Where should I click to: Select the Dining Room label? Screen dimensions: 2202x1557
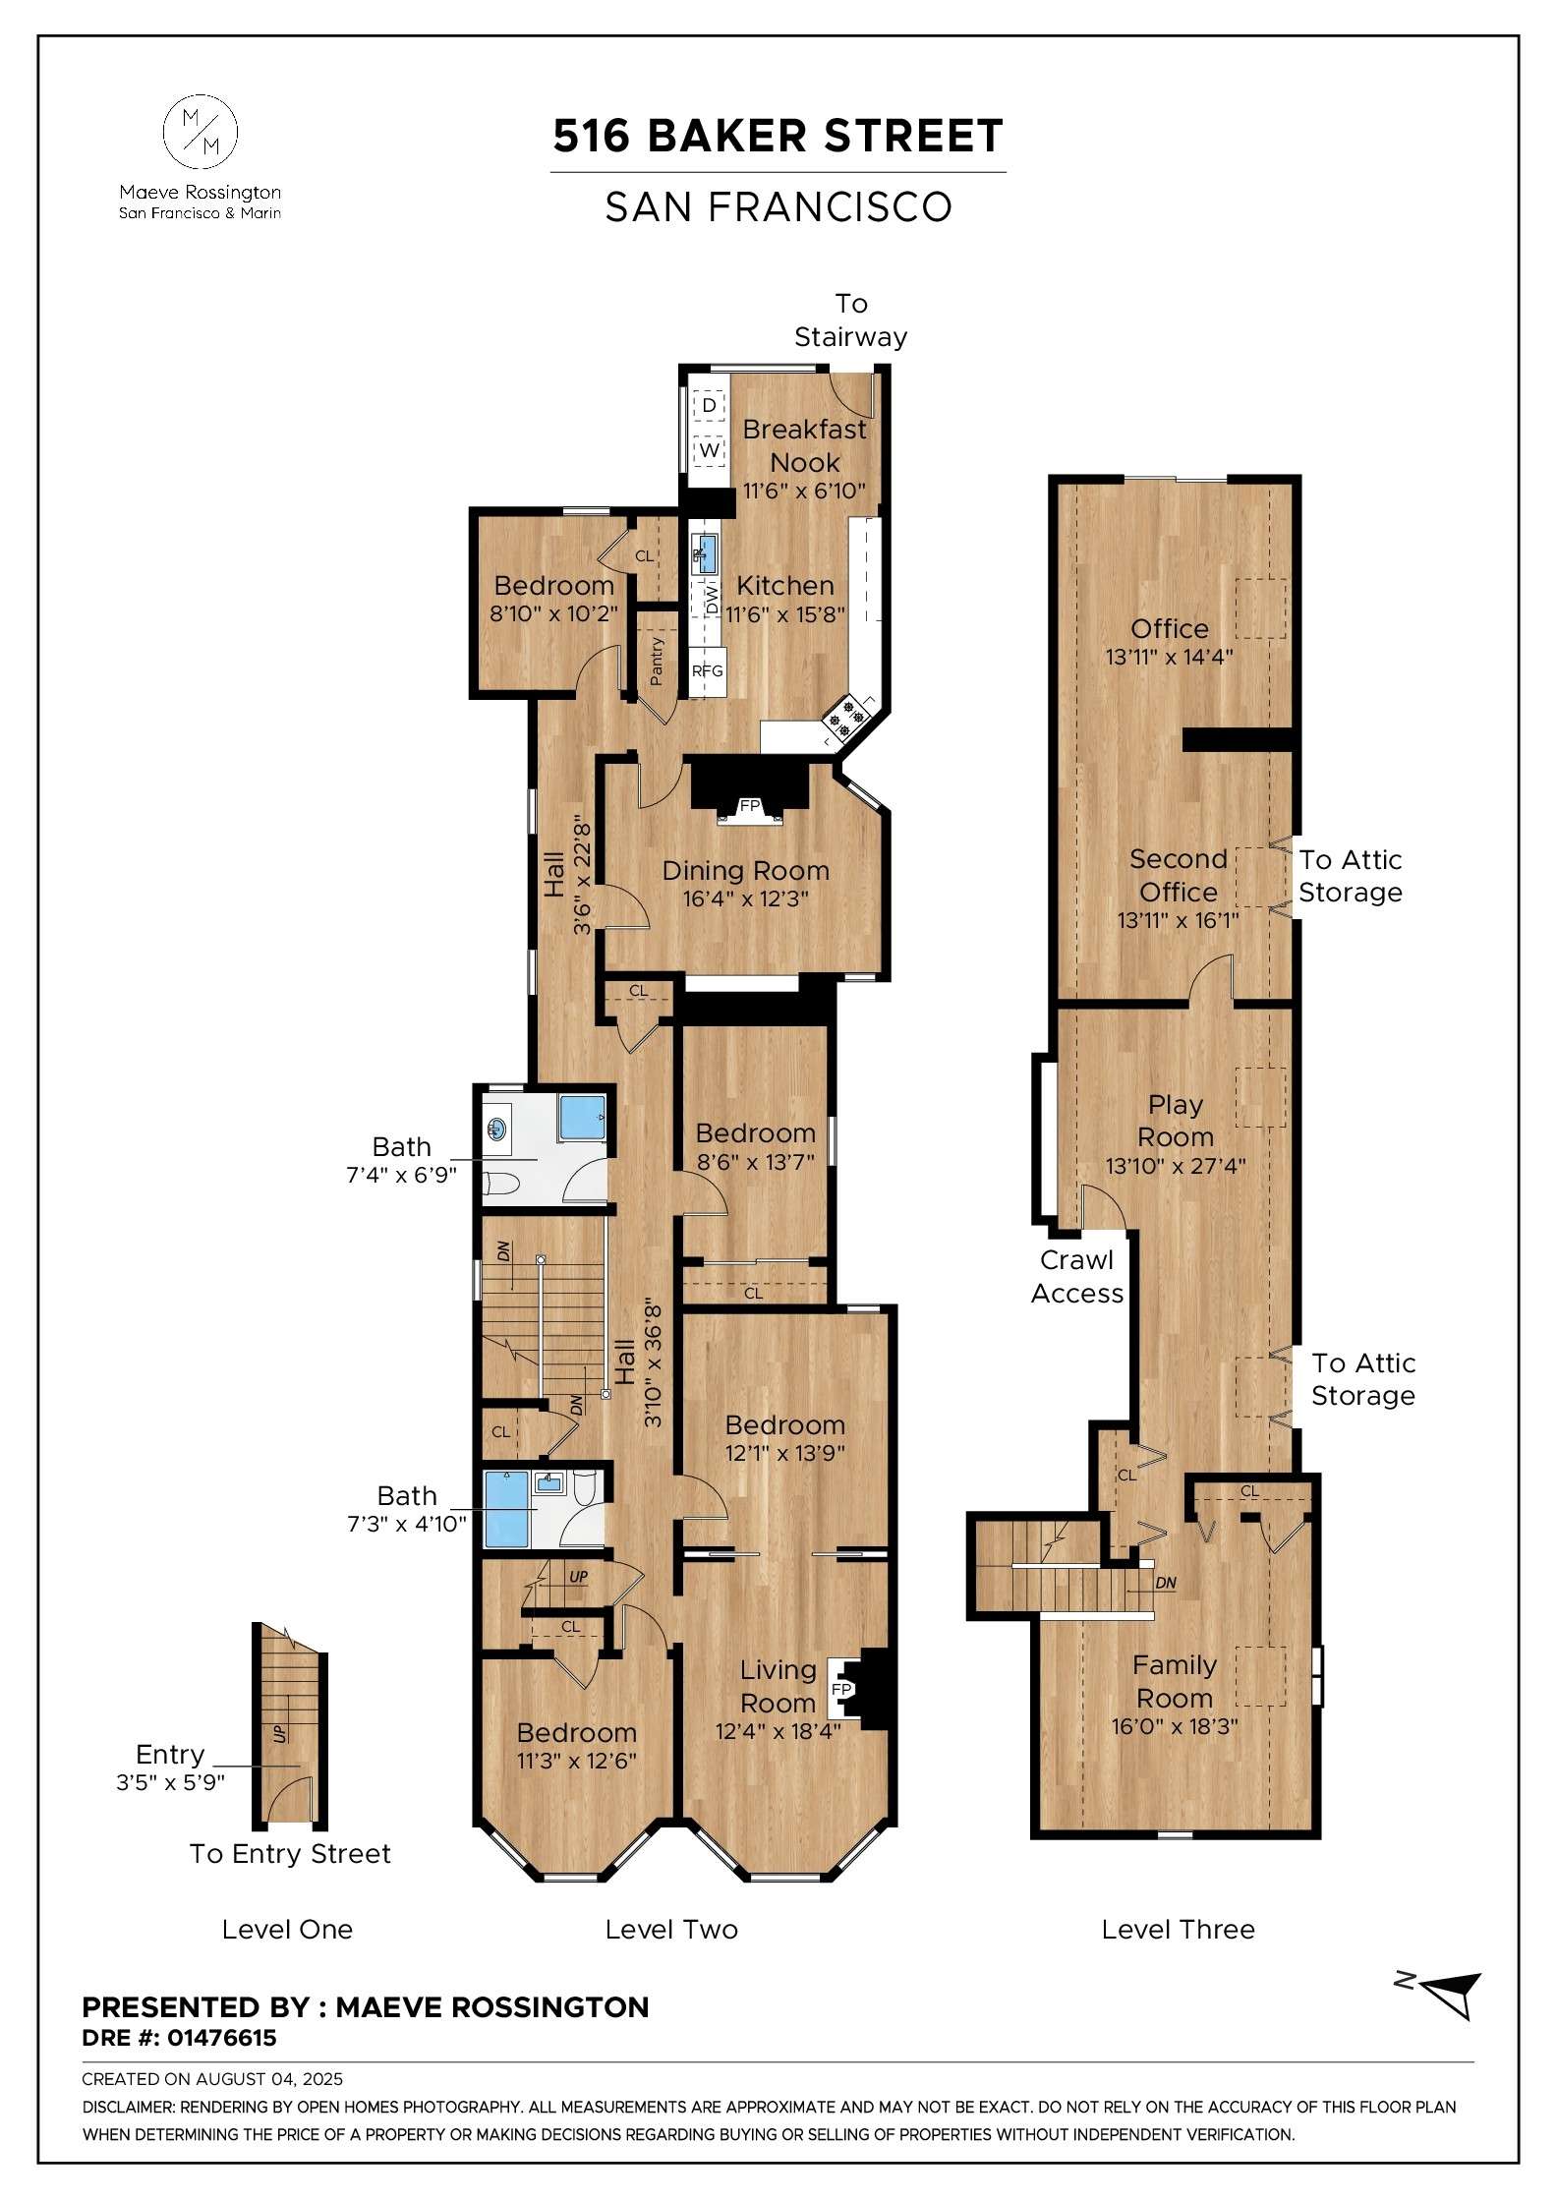click(x=745, y=870)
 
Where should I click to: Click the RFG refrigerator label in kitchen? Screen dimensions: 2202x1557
click(x=707, y=671)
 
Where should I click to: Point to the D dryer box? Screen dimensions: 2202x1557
click(x=710, y=404)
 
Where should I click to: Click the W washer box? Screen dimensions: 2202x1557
click(x=710, y=451)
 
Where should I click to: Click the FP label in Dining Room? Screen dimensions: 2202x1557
click(x=750, y=806)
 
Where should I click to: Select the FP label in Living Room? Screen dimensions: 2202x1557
click(x=841, y=1689)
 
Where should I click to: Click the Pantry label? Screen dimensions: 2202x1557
click(x=657, y=661)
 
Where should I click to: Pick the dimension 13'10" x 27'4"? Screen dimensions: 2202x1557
click(x=1175, y=1167)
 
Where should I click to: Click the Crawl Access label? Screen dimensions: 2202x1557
click(x=1076, y=1277)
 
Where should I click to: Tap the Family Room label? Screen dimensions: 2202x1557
click(x=1174, y=1681)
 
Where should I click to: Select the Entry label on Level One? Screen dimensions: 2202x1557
click(x=170, y=1755)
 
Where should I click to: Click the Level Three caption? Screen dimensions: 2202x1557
click(x=1178, y=1930)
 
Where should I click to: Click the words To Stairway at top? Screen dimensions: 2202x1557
click(x=850, y=319)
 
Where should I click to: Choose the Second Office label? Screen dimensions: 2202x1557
click(x=1178, y=875)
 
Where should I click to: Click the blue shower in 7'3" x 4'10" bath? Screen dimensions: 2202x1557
click(x=507, y=1513)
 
